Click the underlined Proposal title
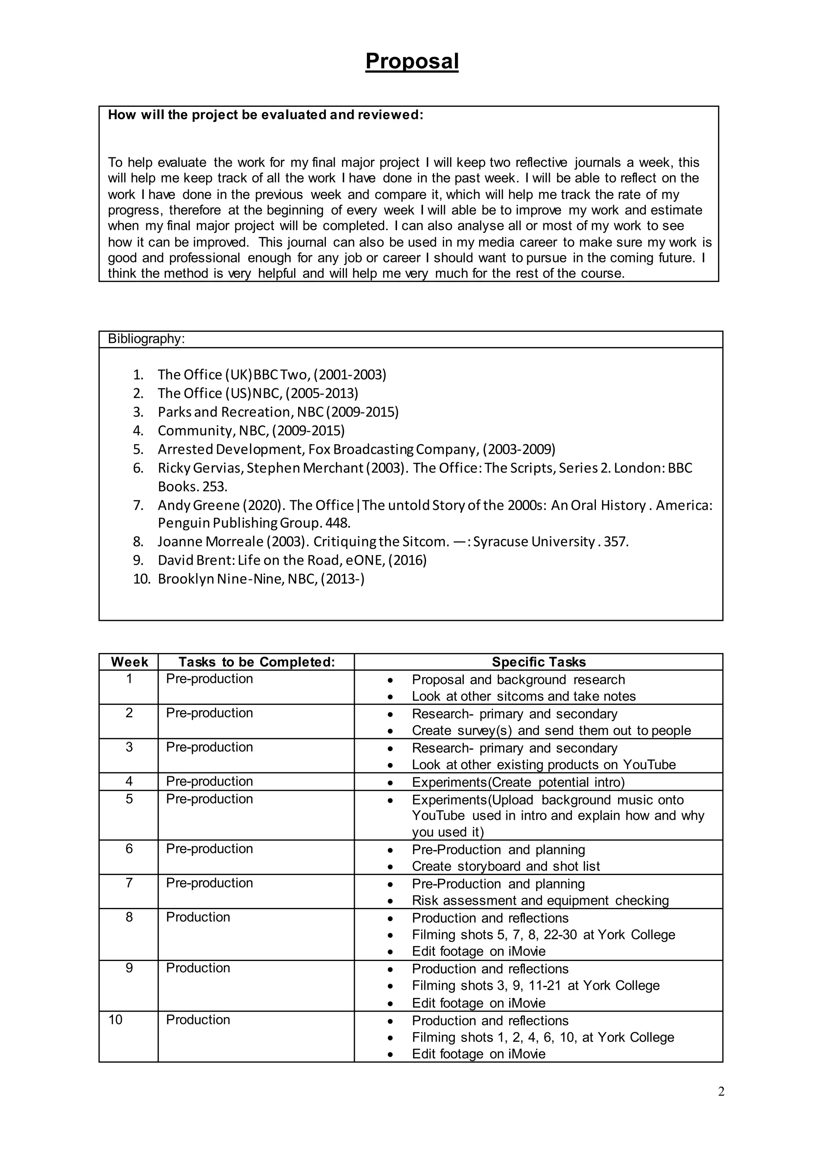pyautogui.click(x=411, y=61)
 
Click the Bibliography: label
pyautogui.click(x=146, y=339)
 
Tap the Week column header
pyautogui.click(x=129, y=662)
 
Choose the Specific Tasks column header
pyautogui.click(x=538, y=662)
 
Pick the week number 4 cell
pyautogui.click(x=129, y=781)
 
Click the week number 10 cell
pyautogui.click(x=116, y=1020)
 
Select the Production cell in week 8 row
pyautogui.click(x=198, y=917)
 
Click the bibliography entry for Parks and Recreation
pyautogui.click(x=278, y=412)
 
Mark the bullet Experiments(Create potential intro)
pyautogui.click(x=518, y=782)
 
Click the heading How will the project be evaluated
pyautogui.click(x=265, y=115)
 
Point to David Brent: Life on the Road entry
pyautogui.click(x=292, y=560)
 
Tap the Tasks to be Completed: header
pyautogui.click(x=256, y=662)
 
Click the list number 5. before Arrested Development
pyautogui.click(x=138, y=449)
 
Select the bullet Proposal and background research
pyautogui.click(x=518, y=680)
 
